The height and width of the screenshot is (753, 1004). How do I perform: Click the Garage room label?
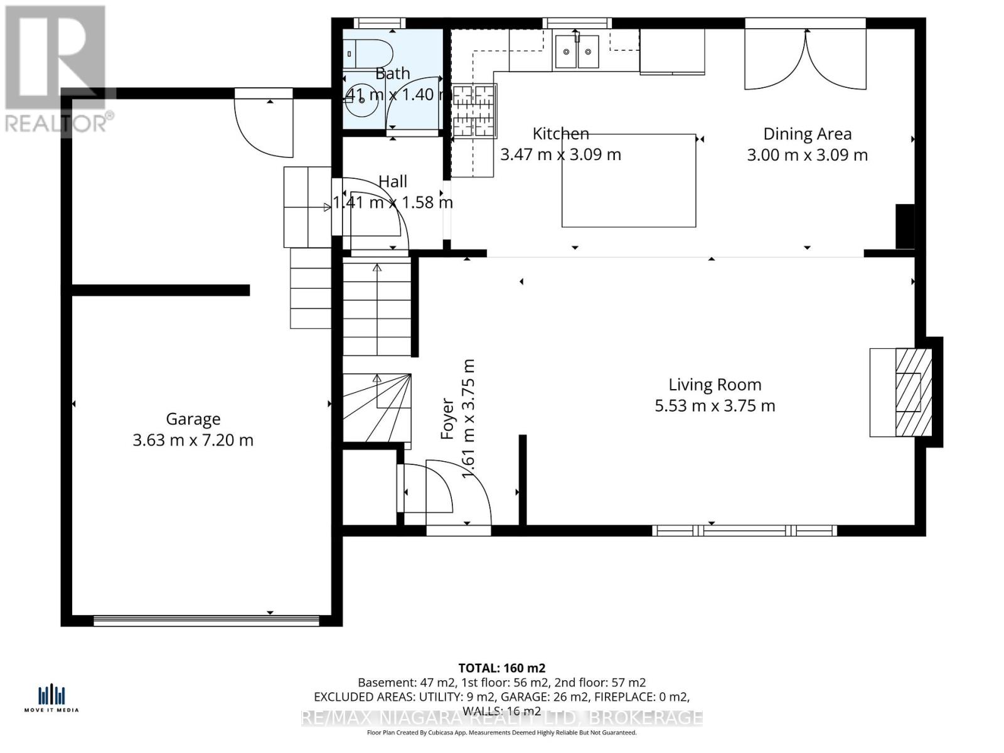193,419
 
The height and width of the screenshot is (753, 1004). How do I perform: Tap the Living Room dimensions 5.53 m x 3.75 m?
715,406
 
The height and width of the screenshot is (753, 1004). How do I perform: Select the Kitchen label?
560,134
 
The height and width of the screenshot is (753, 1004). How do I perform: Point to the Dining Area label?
807,134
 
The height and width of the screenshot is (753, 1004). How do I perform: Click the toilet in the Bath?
366,53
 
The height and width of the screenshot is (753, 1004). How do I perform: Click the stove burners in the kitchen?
474,111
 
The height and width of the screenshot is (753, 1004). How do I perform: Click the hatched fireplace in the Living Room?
912,392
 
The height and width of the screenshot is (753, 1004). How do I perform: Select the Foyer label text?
447,419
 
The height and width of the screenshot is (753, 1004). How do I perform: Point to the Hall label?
393,182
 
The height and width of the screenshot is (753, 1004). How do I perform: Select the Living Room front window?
744,531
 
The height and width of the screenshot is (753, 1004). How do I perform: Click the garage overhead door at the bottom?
206,621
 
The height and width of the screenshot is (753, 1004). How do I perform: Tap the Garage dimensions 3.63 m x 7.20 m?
193,441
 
